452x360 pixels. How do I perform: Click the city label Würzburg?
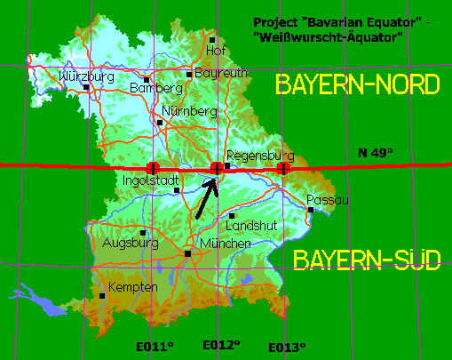87,76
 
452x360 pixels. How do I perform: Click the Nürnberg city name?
190,112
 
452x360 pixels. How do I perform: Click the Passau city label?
329,199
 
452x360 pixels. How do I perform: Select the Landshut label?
253,226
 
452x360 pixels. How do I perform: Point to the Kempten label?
133,287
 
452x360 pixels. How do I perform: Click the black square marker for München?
187,254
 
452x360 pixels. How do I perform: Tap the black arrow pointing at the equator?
204,198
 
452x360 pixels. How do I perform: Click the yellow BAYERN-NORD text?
358,85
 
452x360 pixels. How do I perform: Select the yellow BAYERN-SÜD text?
367,260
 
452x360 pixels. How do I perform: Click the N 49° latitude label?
375,153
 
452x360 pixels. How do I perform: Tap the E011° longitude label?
155,346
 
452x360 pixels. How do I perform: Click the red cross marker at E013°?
283,168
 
